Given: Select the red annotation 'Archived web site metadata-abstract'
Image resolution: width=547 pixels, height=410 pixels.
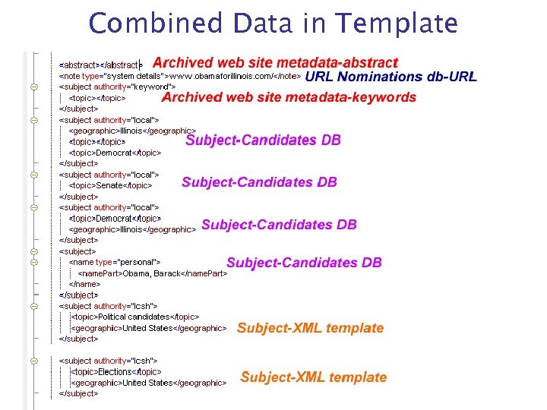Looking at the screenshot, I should [x=275, y=62].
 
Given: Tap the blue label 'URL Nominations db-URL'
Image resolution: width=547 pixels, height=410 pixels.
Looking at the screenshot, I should [x=390, y=77].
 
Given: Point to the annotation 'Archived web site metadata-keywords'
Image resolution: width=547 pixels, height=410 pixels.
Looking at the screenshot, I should [x=289, y=97].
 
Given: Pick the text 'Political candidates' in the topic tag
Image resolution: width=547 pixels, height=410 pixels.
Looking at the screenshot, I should [x=134, y=317].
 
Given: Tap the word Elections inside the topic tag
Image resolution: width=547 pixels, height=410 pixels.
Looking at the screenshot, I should [x=115, y=372].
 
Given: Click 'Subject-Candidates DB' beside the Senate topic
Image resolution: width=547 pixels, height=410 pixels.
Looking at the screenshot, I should [x=259, y=182].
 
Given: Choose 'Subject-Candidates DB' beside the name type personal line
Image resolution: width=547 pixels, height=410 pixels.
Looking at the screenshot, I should [x=304, y=263].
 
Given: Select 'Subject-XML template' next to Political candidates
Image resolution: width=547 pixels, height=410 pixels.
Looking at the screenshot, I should [x=310, y=328].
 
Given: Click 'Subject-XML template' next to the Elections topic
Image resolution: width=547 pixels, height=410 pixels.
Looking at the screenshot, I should [x=313, y=377].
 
